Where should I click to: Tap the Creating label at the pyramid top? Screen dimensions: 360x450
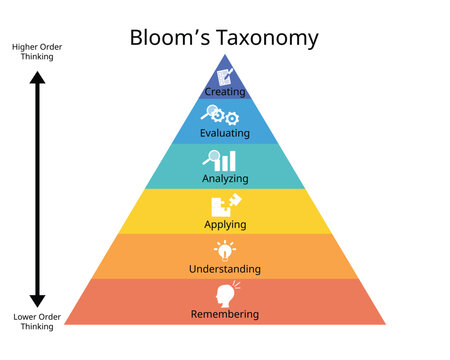pos(225,91)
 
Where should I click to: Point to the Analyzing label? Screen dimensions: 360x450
pos(225,180)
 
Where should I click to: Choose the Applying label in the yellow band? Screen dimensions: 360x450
pos(225,225)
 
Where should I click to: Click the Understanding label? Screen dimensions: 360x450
pos(225,269)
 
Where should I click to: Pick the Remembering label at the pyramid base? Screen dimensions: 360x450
pos(225,314)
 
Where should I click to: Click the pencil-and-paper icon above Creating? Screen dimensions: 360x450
pos(226,75)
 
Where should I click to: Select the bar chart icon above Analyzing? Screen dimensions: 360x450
pos(229,161)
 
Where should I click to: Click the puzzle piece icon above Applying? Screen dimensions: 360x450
pos(225,205)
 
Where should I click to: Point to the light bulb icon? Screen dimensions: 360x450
pos(225,251)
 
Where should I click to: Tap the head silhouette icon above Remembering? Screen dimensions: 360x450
pos(225,295)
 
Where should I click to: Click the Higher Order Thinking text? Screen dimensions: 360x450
pos(33,51)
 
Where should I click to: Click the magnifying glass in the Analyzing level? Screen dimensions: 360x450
pos(210,158)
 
